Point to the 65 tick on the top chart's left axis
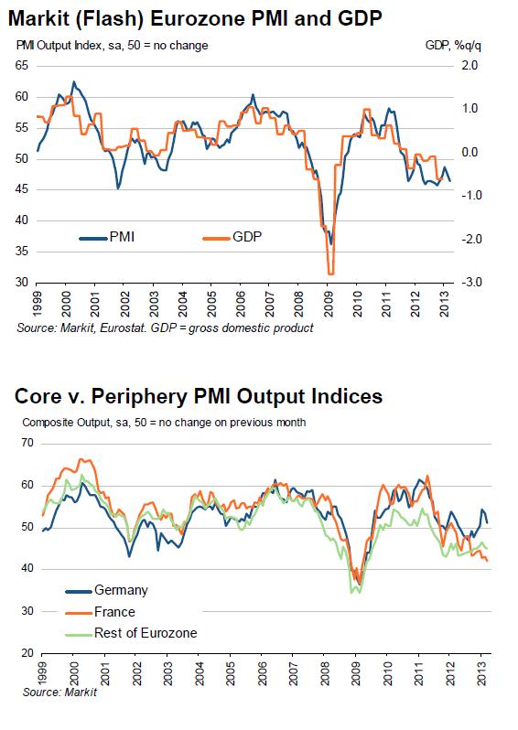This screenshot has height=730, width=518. click(19, 66)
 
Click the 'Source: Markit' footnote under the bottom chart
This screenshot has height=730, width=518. click(54, 692)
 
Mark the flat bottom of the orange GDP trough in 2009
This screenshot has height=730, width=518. click(330, 274)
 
